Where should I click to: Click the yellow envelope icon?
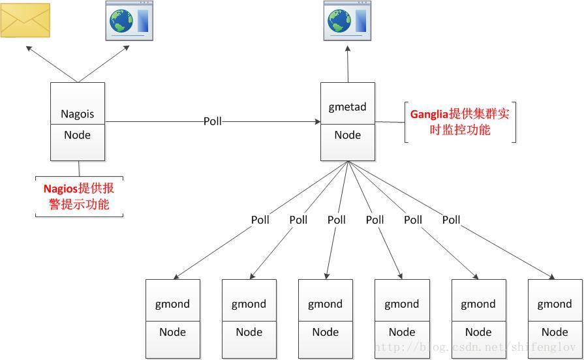tap(25, 20)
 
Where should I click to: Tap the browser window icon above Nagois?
tap(129, 21)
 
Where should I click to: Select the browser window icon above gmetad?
tap(347, 21)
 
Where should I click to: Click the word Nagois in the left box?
tap(78, 113)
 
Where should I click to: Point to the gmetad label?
tap(347, 107)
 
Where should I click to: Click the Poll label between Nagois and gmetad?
tap(213, 121)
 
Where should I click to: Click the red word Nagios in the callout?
tap(61, 188)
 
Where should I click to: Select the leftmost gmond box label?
tap(172, 304)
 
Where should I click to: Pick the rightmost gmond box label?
tap(555, 304)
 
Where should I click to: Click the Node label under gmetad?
tap(347, 135)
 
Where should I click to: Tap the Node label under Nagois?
tap(78, 135)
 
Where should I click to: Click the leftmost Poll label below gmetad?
tap(260, 220)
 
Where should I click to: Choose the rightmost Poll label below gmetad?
tap(452, 220)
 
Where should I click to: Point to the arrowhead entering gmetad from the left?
tap(317, 121)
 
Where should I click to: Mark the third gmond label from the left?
tap(325, 304)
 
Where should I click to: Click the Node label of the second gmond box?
tap(249, 332)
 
